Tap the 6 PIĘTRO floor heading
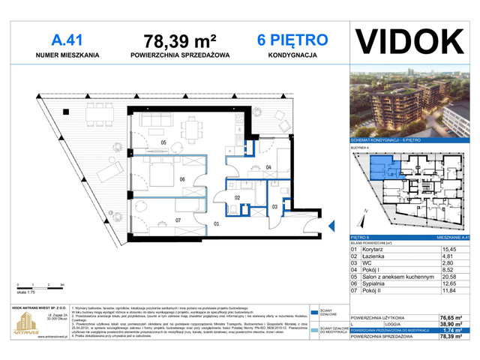click(x=292, y=38)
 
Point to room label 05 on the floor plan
click(x=162, y=142)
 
